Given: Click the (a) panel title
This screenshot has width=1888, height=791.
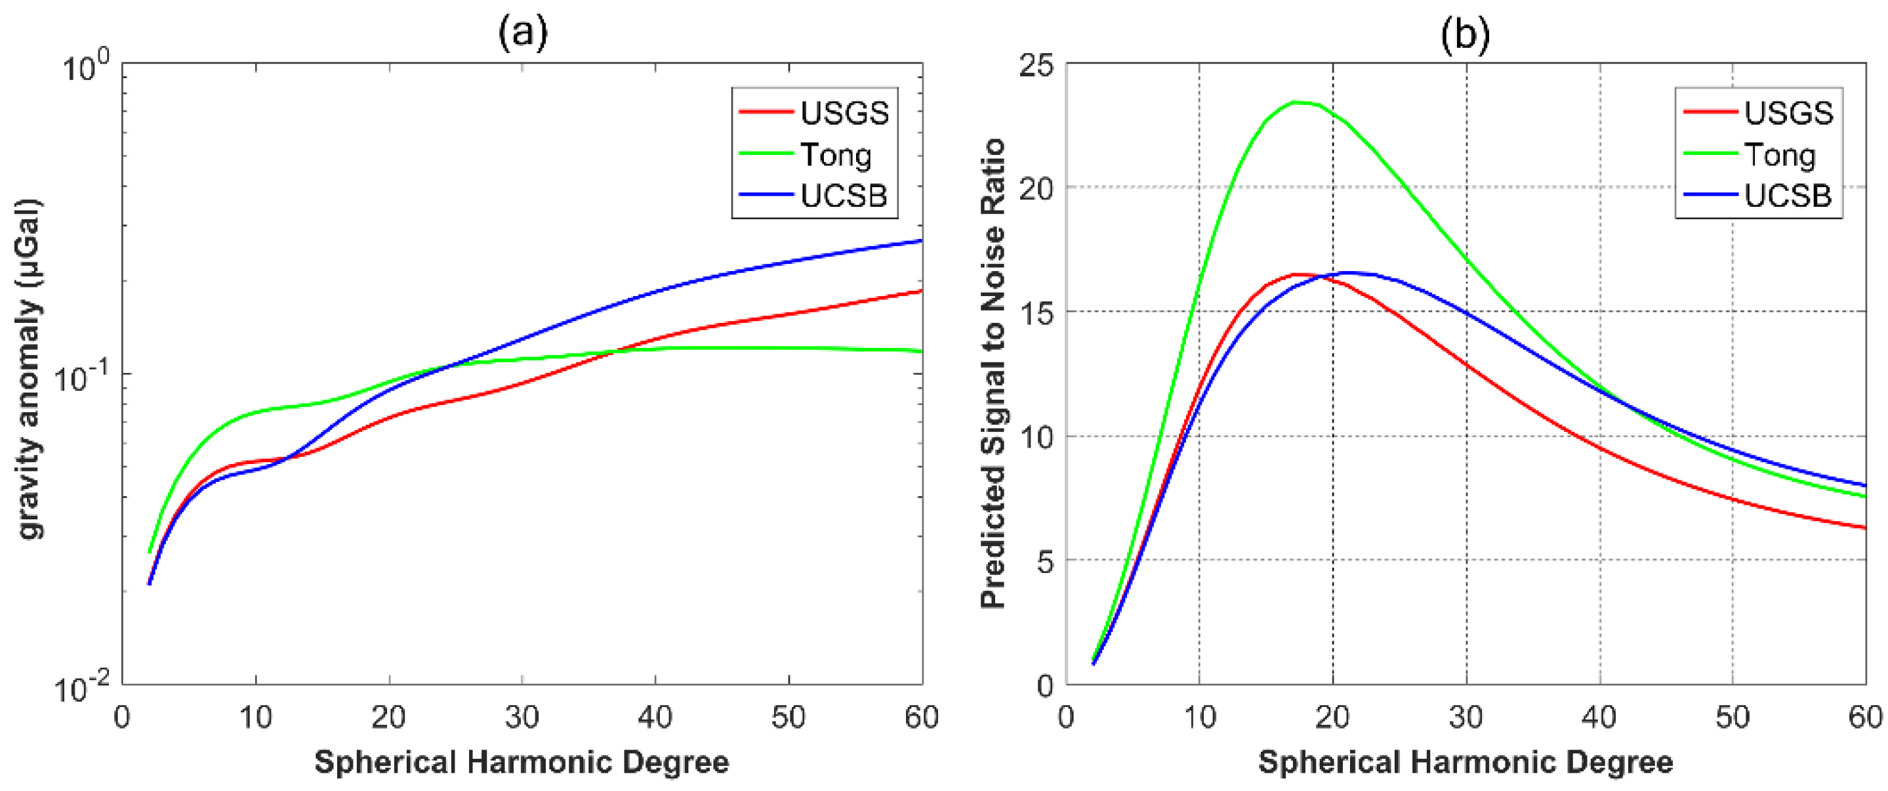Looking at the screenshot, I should pos(523,33).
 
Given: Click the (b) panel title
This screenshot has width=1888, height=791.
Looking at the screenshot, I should pos(1465,33).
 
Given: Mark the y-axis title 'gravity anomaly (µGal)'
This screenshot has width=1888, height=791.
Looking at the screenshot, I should pos(30,370).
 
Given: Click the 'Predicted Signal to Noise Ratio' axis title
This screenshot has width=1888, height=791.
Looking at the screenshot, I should pos(993,374).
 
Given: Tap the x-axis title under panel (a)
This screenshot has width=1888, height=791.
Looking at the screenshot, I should pos(522,762).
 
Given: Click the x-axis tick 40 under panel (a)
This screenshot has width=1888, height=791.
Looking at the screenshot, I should pos(655,717).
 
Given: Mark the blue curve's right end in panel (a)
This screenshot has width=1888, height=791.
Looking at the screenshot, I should pos(921,240).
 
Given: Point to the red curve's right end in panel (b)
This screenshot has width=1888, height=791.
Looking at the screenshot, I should pos(1864,528).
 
